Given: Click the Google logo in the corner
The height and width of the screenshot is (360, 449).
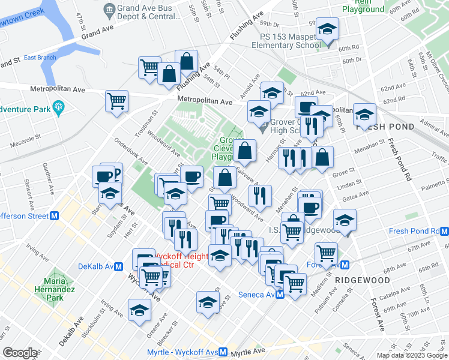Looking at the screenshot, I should tap(20, 353).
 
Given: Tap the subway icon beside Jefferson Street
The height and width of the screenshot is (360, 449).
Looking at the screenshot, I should tap(54, 216).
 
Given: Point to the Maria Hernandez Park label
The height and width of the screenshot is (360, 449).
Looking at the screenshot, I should tap(59, 290).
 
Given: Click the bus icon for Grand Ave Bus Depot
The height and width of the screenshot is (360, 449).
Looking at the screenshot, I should tap(109, 9).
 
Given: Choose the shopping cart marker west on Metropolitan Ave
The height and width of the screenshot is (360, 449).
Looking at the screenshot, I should tap(116, 100).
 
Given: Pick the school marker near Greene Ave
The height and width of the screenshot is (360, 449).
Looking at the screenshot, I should tap(139, 310).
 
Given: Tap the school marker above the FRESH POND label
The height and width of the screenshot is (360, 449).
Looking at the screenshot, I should tap(364, 115).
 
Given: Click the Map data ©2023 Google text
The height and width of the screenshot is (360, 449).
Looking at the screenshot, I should tap(411, 355).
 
